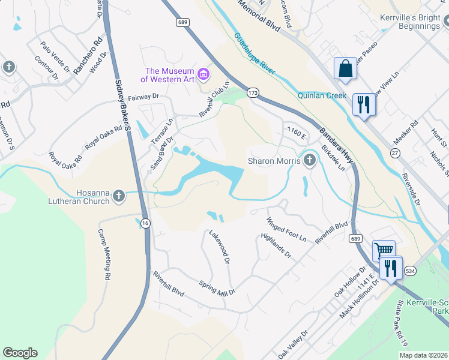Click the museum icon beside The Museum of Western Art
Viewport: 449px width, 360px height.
(x=203, y=74)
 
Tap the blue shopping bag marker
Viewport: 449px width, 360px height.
(x=346, y=68)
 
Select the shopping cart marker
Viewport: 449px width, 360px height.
(x=384, y=250)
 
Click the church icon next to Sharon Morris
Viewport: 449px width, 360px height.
(x=310, y=160)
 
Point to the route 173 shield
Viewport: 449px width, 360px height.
(x=253, y=93)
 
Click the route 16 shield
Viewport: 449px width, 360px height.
(x=145, y=223)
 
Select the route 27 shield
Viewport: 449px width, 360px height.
(x=394, y=153)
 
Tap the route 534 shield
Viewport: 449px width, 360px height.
(x=410, y=271)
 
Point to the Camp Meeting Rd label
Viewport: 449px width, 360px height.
(x=104, y=255)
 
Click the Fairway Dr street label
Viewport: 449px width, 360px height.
(x=140, y=96)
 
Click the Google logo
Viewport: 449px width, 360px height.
(x=20, y=353)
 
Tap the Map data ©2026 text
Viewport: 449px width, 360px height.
(x=423, y=355)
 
